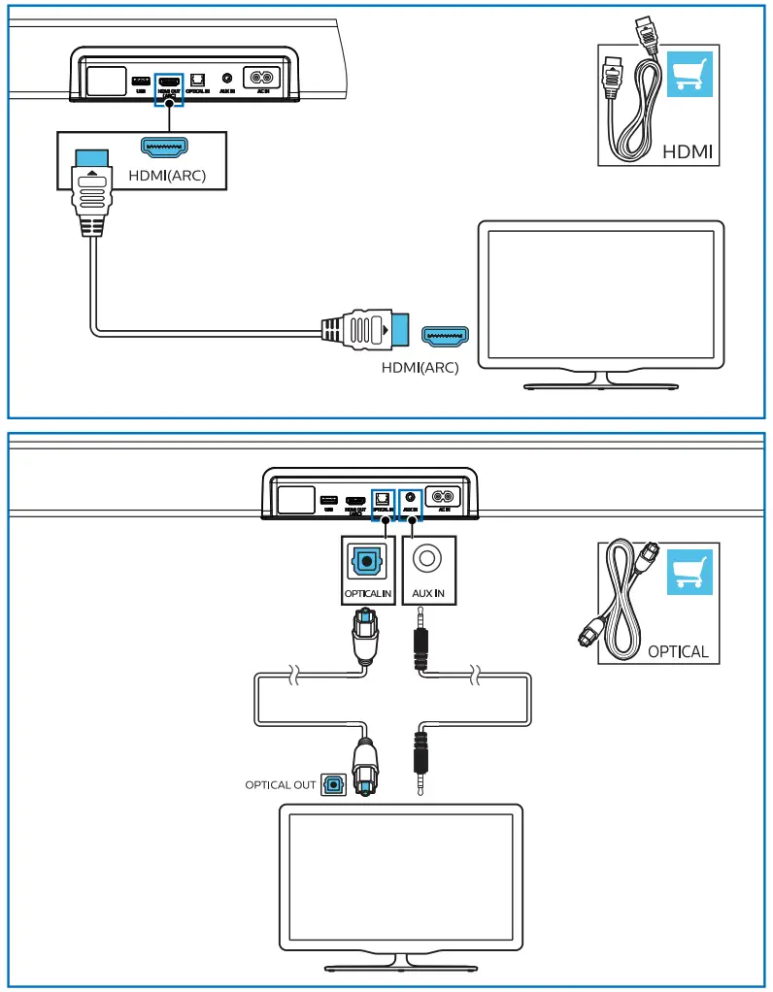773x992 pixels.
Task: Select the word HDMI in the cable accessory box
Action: (688, 152)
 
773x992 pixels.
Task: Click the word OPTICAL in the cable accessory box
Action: (678, 651)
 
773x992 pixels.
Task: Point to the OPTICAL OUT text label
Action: (280, 784)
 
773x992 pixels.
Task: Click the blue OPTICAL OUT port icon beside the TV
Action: (333, 783)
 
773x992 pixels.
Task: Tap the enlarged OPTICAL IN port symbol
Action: (368, 560)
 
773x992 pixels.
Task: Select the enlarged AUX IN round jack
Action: (427, 559)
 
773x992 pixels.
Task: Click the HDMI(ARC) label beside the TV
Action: (420, 367)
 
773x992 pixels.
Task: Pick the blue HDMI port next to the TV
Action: (444, 336)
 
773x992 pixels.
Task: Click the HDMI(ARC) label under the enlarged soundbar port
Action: (166, 176)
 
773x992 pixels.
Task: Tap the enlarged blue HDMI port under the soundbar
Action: (164, 147)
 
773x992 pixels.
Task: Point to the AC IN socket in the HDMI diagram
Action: (260, 78)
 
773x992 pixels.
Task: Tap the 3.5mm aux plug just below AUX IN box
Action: (421, 642)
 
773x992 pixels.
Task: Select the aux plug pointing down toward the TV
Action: (421, 762)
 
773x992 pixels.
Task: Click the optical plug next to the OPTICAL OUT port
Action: (365, 767)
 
